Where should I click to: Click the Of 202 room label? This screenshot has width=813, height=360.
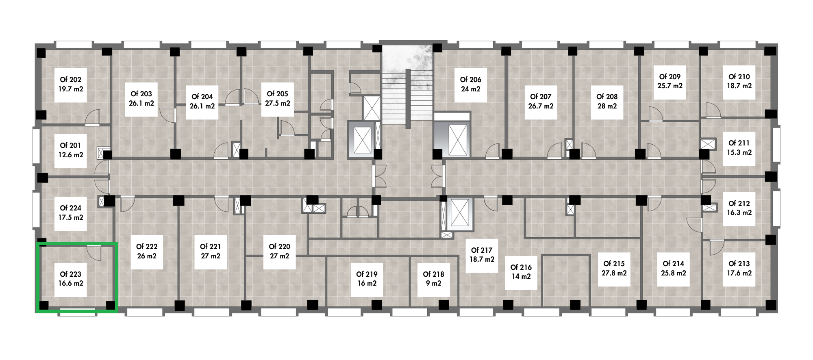70,80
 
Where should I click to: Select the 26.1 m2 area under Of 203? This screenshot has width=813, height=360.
141,103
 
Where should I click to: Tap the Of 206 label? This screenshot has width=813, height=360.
470,80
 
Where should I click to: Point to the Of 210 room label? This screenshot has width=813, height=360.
739,77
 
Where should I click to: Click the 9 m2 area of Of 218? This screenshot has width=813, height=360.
433,283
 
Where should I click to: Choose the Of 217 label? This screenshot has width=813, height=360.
482,250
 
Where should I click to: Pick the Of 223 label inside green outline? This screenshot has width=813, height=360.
70,274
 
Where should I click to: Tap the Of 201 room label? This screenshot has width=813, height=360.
70,145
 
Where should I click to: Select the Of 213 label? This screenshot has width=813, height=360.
739,264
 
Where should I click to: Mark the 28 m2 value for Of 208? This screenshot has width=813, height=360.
607,106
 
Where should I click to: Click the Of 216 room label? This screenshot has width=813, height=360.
521,267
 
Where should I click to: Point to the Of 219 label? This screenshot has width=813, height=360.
367,274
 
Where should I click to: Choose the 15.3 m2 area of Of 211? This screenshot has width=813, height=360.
739,152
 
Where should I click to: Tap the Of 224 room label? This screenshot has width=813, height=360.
70,208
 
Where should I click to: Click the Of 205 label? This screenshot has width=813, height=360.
278,94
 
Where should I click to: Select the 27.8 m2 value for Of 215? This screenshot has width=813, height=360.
614,273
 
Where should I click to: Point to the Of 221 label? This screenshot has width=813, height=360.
211,247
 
